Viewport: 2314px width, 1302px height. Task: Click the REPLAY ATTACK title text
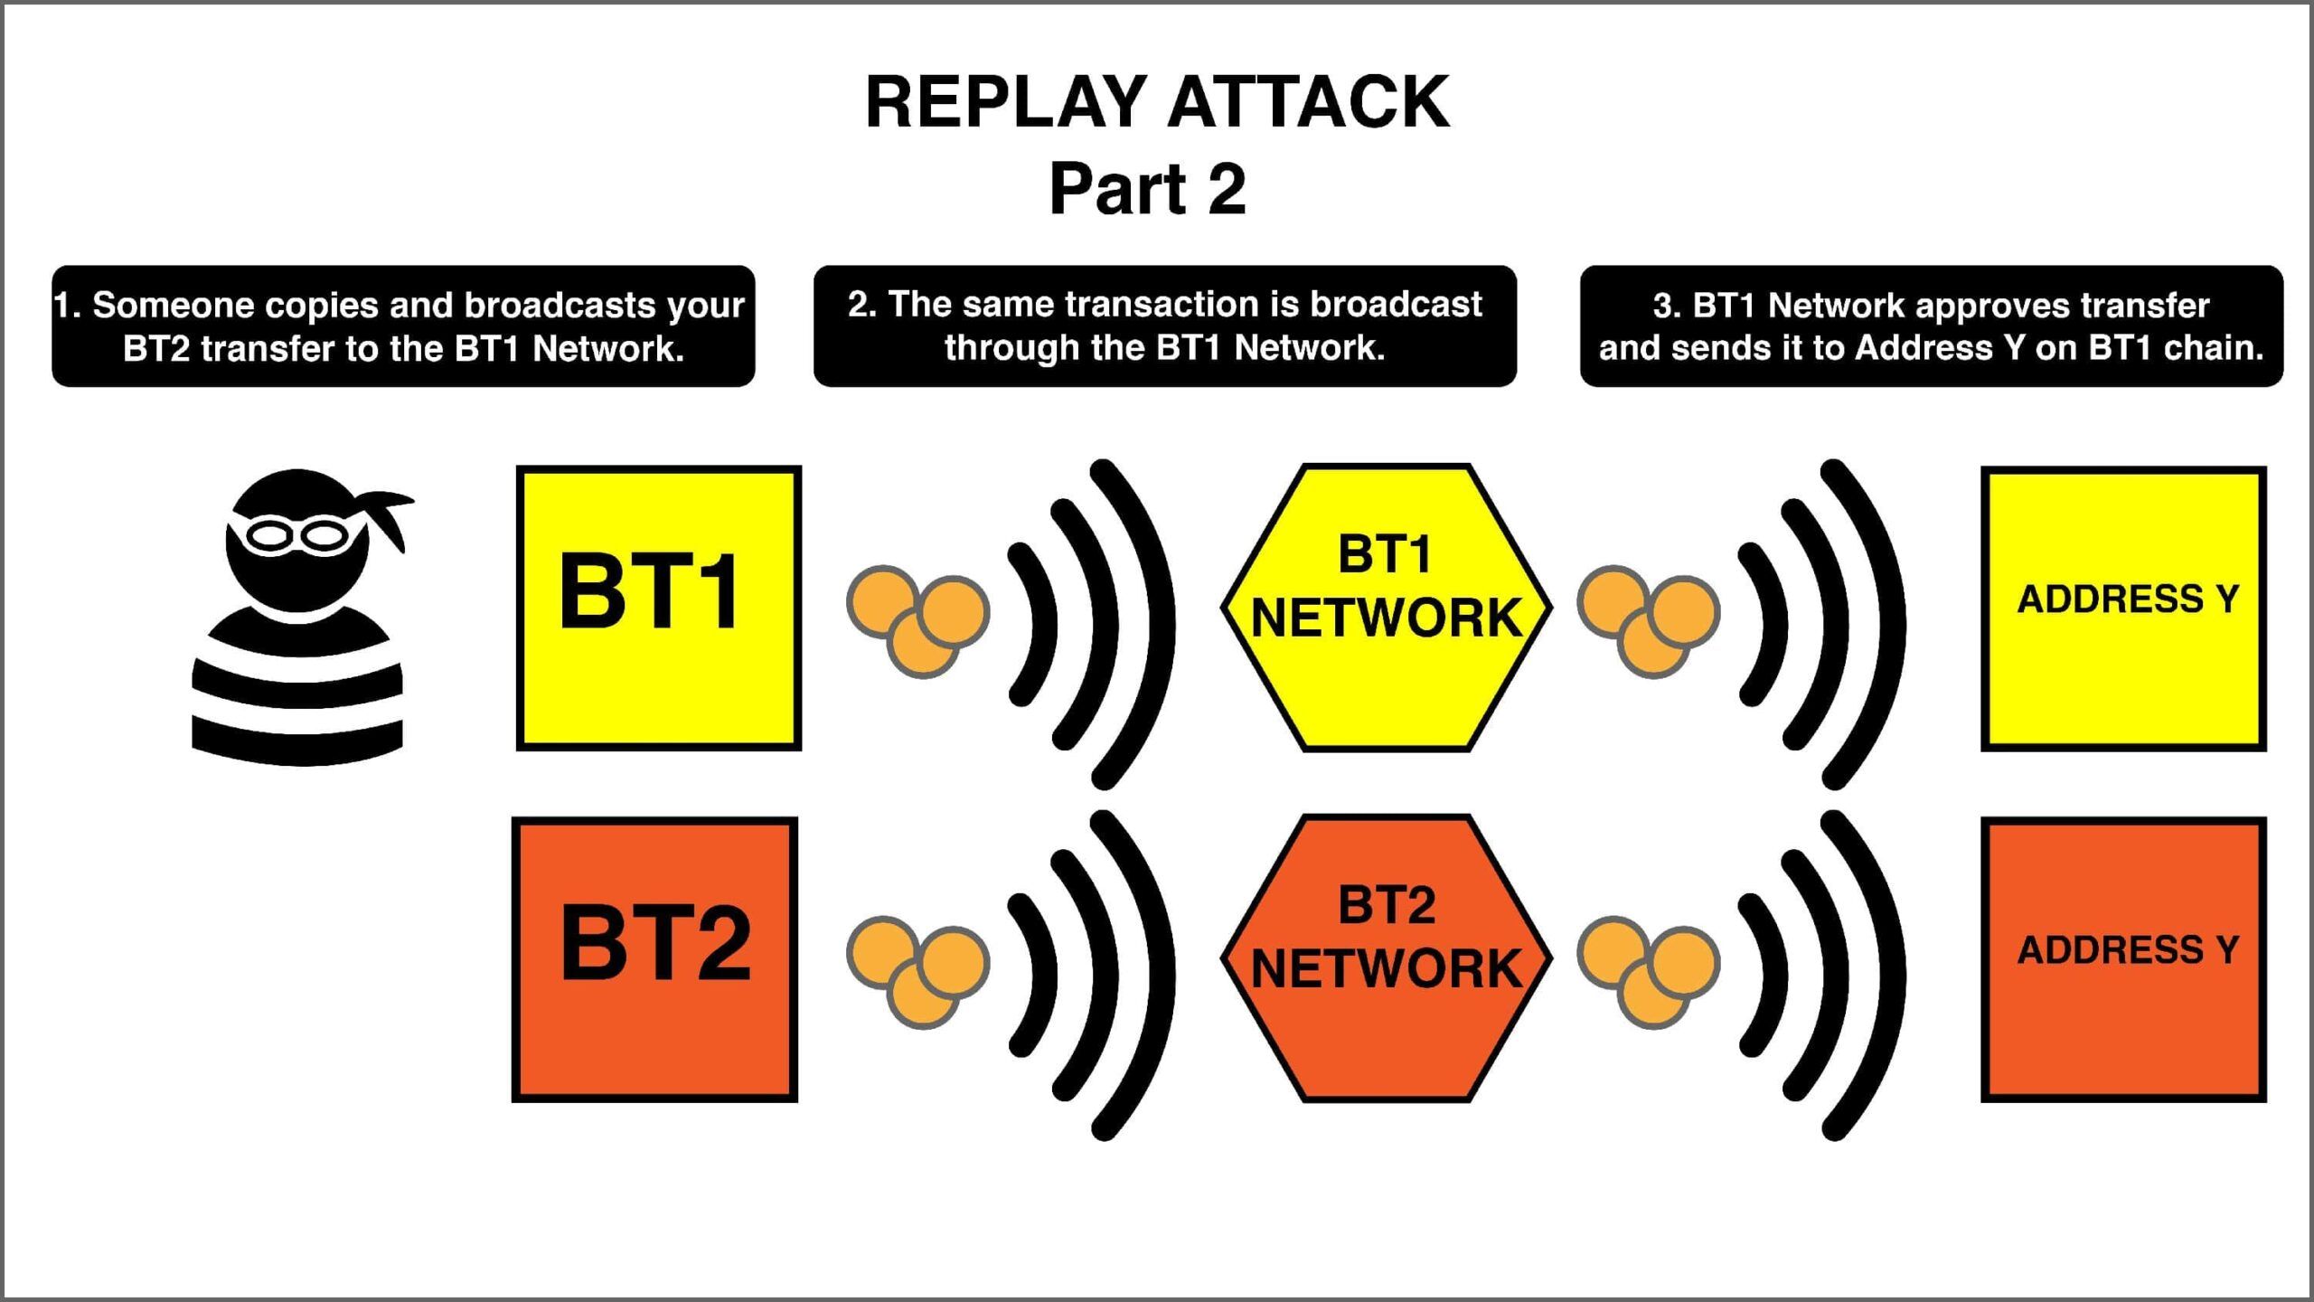tap(1157, 102)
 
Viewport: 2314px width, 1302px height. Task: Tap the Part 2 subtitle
tap(1148, 189)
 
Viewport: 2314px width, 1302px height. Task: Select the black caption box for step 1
tap(403, 326)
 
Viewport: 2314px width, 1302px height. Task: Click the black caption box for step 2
tap(1164, 326)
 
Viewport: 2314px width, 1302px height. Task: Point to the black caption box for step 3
tap(1931, 326)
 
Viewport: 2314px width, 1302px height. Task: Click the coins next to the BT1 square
tap(918, 620)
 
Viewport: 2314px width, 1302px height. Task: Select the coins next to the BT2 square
tap(918, 971)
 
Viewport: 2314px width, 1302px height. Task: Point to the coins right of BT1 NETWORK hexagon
tap(1649, 620)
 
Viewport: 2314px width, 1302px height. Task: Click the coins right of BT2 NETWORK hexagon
tap(1649, 971)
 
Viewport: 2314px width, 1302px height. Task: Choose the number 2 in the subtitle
tap(1226, 189)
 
